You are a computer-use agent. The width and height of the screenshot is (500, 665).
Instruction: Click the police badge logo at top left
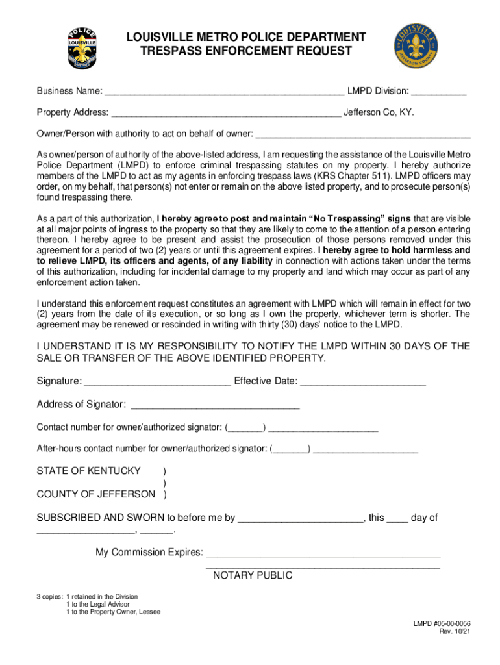coord(82,49)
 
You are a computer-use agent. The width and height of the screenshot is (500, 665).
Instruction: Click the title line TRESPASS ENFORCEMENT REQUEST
coord(247,51)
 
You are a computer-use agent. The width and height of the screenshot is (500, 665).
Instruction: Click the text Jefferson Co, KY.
coord(379,112)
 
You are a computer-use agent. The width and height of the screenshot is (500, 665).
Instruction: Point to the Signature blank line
coord(157,382)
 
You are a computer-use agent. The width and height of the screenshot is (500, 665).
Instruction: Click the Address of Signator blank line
coord(215,405)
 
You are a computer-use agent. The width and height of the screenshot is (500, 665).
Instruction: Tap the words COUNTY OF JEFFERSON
coord(95,494)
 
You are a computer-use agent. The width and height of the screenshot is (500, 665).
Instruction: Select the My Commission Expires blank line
coord(323,553)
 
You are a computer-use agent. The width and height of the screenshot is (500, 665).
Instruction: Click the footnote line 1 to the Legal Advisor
coord(97,604)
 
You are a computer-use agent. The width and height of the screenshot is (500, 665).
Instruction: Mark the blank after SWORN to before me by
coord(301,519)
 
